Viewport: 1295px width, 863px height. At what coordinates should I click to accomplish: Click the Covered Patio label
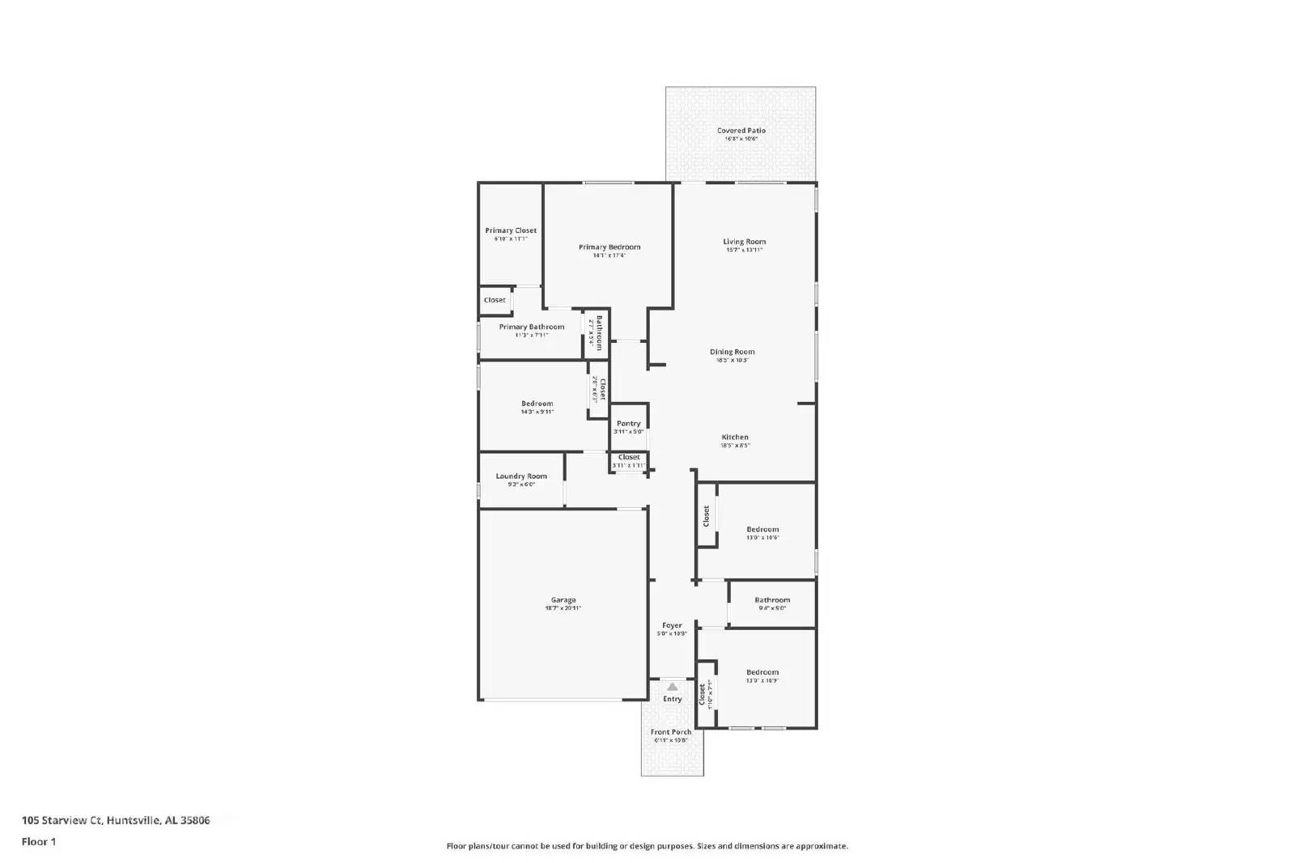tap(741, 130)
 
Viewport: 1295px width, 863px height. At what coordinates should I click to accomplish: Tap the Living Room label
tap(744, 241)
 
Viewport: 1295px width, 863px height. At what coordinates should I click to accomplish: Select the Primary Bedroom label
tap(609, 247)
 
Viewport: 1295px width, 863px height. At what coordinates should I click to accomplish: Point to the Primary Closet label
tap(511, 231)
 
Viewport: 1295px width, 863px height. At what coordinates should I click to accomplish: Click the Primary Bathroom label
tap(531, 327)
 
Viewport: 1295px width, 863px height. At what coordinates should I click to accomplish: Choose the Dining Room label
tap(732, 352)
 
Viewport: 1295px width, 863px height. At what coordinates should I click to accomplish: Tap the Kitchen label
tap(735, 437)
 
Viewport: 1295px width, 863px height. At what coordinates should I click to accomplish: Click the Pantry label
tap(628, 423)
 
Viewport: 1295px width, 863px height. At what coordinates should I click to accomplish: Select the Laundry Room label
tap(521, 476)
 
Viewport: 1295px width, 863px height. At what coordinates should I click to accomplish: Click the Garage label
tap(563, 600)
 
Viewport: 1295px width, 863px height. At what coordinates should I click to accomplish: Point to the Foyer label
tap(672, 625)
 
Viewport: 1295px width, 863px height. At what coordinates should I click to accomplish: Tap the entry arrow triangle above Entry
tap(672, 687)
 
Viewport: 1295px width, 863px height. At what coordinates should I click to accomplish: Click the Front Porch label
tap(671, 732)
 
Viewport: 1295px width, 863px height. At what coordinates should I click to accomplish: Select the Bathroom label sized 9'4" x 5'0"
tap(772, 600)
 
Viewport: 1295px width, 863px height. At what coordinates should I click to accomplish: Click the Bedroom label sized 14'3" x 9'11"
tap(537, 404)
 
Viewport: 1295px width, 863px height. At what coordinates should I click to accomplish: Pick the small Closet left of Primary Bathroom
tap(495, 300)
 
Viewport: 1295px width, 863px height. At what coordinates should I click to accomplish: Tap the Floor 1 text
tap(39, 842)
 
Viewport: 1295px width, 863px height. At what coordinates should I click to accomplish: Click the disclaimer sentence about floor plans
tap(647, 846)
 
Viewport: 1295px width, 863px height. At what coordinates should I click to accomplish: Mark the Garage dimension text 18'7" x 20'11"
tap(563, 608)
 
